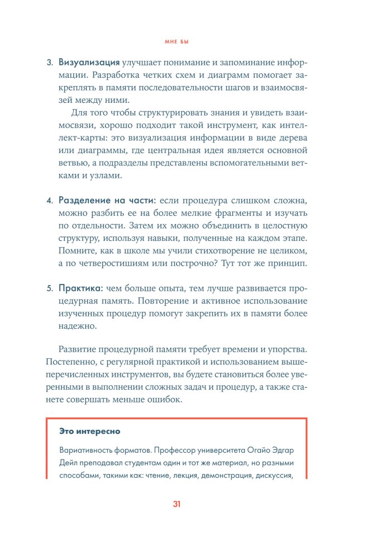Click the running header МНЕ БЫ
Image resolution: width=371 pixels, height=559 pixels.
(x=185, y=42)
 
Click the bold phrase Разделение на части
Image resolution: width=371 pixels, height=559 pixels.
(x=107, y=200)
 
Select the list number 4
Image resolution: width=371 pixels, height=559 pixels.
(x=49, y=200)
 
